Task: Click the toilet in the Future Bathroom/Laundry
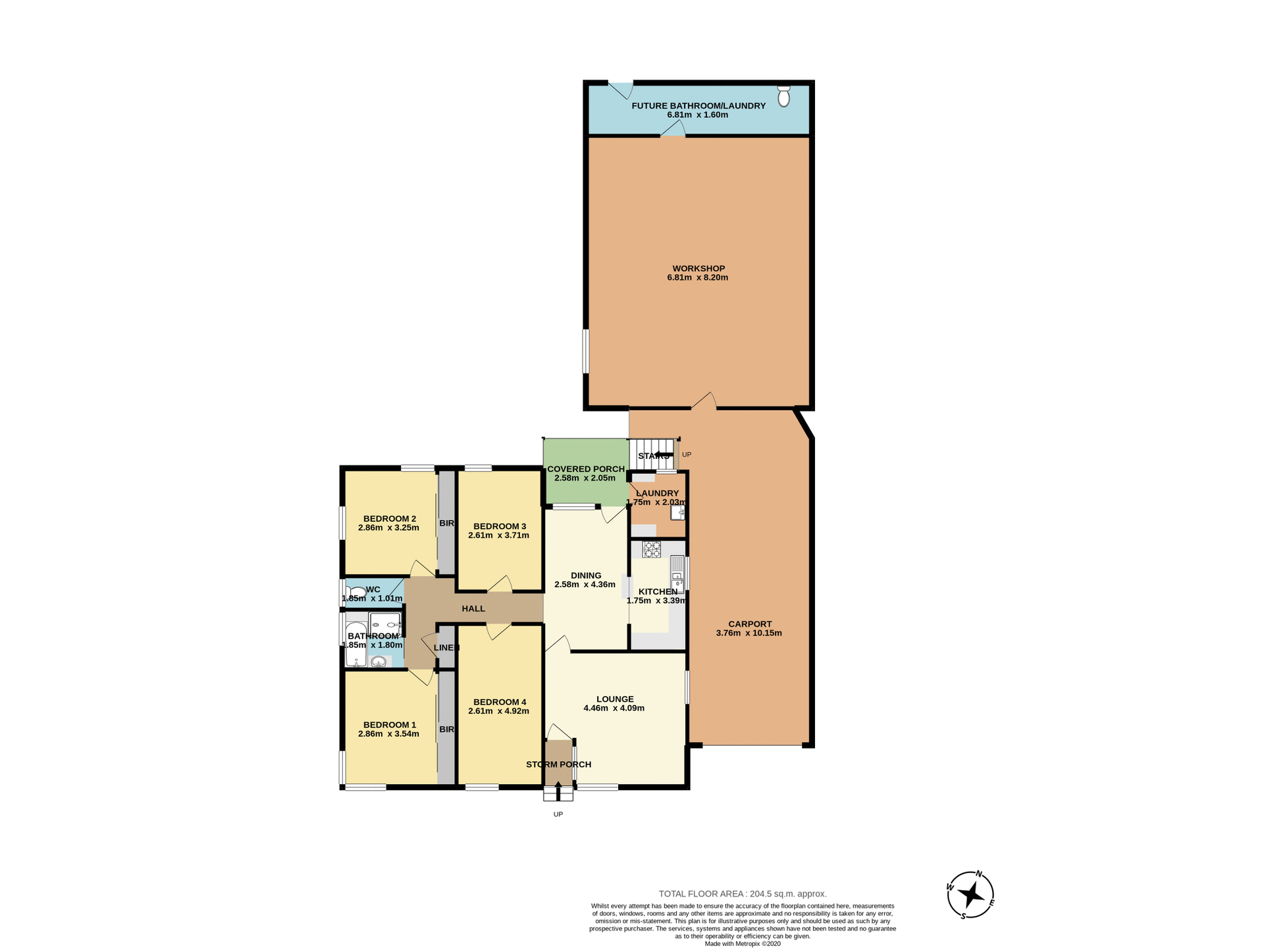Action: point(783,96)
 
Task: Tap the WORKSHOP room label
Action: point(698,269)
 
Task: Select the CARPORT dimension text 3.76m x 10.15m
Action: point(749,633)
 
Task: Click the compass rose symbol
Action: point(970,895)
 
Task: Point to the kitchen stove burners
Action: point(652,549)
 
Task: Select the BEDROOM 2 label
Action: point(389,519)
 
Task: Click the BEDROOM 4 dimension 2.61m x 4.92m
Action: point(498,711)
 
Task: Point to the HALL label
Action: point(473,609)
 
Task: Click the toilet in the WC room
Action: point(356,592)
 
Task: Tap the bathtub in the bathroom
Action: point(356,644)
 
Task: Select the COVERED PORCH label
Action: point(586,469)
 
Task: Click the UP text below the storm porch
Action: point(558,814)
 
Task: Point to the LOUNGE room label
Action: point(615,699)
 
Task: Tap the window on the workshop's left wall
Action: point(585,352)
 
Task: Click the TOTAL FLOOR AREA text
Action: point(743,893)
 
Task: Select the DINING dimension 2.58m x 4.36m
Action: point(585,585)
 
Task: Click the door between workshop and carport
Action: point(704,402)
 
